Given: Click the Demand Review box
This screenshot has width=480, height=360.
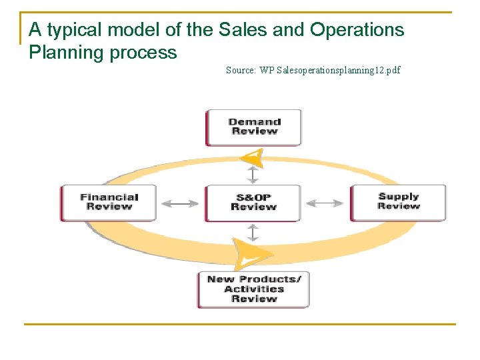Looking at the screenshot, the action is click(x=253, y=127).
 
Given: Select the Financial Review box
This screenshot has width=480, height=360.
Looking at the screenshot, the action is click(x=109, y=202).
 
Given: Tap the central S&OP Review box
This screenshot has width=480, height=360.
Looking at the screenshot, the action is click(x=253, y=202).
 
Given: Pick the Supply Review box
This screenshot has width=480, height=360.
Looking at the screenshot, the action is click(x=398, y=201).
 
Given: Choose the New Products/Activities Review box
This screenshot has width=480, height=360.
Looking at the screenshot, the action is click(x=253, y=289).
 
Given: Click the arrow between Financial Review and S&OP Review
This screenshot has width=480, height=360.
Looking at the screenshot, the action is click(x=180, y=203).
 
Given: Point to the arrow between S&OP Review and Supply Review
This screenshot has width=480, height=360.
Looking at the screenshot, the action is click(x=326, y=203).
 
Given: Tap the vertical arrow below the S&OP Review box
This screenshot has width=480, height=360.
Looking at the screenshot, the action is click(x=253, y=233).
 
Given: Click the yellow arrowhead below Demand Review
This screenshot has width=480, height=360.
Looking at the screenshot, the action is click(x=253, y=158).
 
